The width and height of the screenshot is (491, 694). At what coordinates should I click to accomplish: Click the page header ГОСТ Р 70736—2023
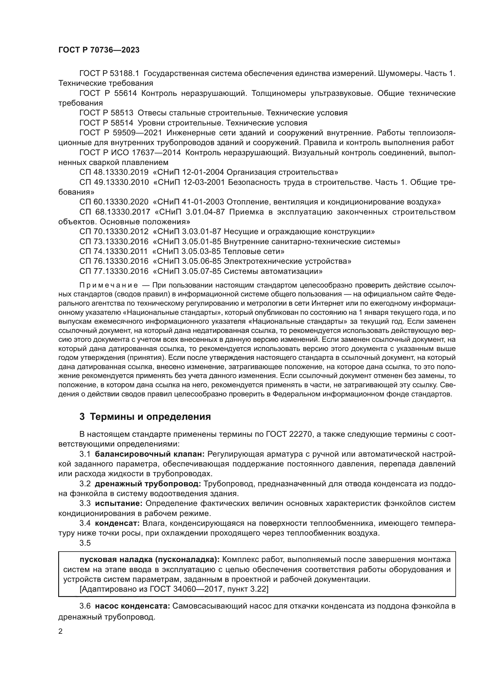[x=99, y=50]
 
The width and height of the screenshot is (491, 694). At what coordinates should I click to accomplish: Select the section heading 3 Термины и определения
[x=145, y=417]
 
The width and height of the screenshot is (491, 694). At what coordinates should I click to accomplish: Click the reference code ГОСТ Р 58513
[x=106, y=113]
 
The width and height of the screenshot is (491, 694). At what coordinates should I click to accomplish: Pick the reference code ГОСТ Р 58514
[x=106, y=123]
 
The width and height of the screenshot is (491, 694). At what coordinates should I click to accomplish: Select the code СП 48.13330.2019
[x=114, y=172]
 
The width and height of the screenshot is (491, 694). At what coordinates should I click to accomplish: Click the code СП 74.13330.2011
[x=113, y=252]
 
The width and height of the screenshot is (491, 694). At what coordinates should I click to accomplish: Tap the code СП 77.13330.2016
[x=114, y=271]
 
